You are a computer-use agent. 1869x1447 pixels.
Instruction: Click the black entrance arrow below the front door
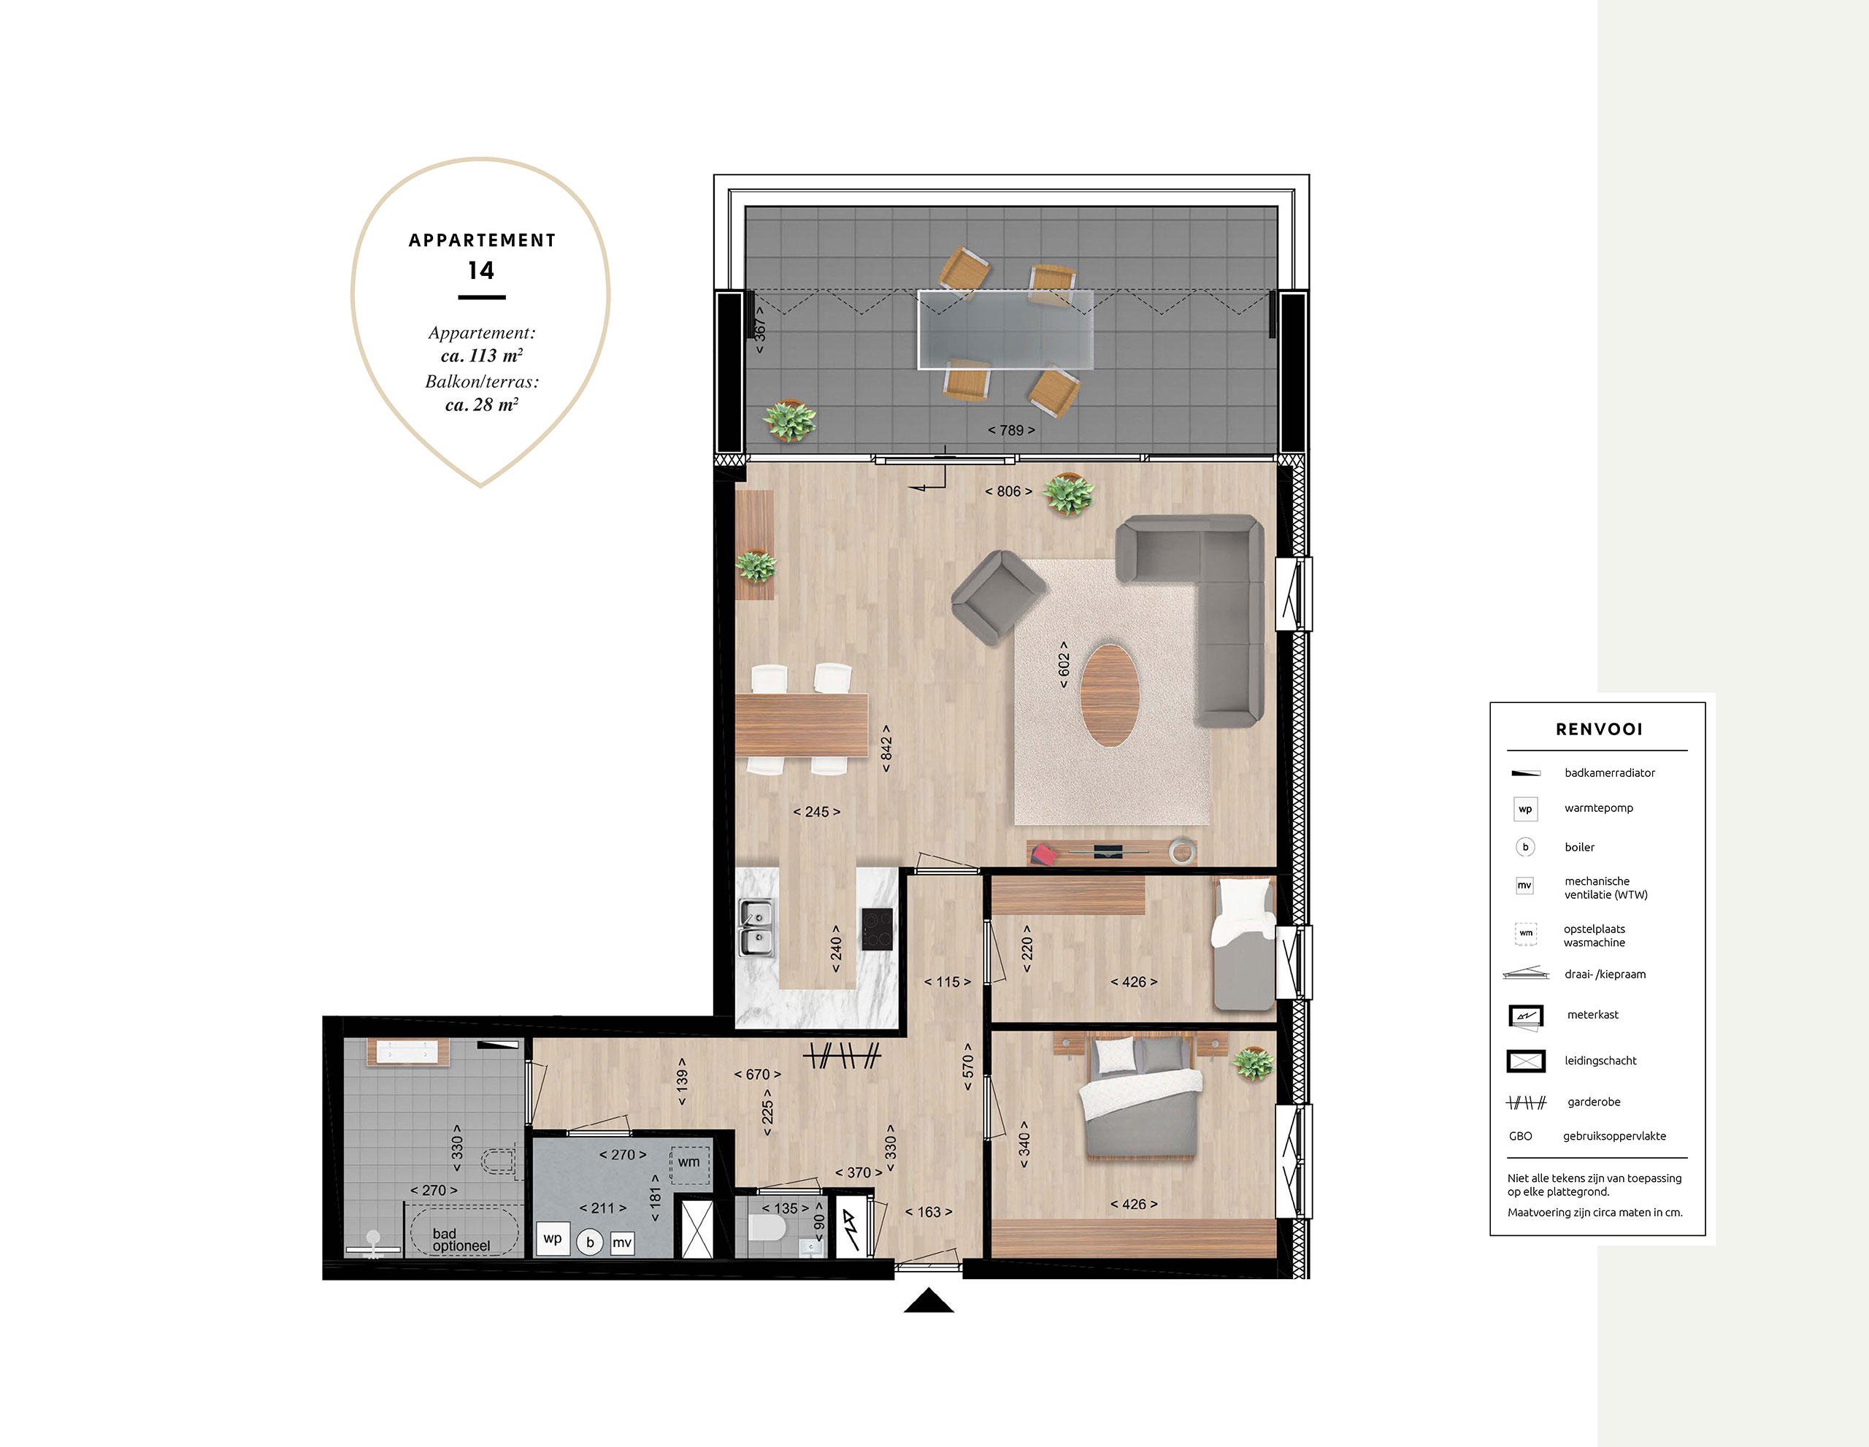point(929,1301)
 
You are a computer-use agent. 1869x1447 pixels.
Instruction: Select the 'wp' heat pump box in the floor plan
point(553,1239)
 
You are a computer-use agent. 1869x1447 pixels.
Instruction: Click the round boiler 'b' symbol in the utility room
point(590,1242)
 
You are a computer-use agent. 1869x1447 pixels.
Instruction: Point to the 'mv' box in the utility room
point(622,1243)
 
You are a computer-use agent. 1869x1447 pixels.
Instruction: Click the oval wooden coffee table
point(1109,695)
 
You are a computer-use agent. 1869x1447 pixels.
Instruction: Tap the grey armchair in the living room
point(998,596)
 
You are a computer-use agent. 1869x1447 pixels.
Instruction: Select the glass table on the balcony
point(1005,329)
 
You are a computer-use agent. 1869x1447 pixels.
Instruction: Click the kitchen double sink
point(756,928)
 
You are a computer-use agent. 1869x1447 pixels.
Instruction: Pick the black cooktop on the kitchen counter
point(877,929)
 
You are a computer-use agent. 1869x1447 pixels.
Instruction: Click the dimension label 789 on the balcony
point(1011,431)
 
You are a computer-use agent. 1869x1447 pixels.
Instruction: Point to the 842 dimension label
point(886,749)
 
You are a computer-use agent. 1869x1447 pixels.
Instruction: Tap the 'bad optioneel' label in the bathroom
point(461,1240)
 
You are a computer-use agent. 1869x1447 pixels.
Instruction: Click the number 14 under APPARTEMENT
point(481,272)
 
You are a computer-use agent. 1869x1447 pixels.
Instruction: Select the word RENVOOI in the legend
point(1600,729)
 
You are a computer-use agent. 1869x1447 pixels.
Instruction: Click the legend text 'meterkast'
point(1592,1015)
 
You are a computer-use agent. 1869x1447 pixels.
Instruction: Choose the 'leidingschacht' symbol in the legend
point(1526,1061)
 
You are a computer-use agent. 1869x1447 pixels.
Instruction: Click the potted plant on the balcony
point(789,420)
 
